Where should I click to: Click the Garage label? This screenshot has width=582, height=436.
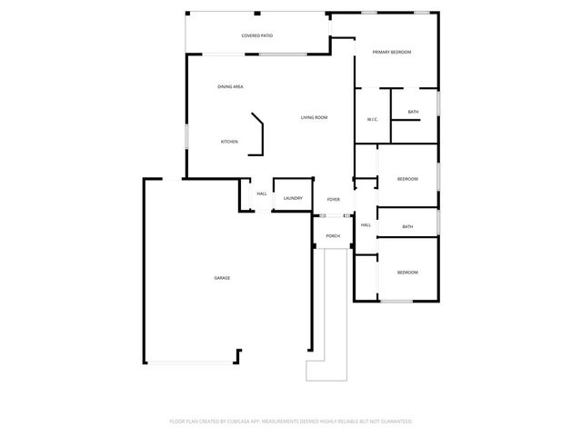222,277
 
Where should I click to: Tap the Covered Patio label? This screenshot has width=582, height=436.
257,35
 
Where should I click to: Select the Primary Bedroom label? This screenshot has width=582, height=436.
392,52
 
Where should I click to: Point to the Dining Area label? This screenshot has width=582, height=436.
230,86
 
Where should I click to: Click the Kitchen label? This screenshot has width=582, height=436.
229,142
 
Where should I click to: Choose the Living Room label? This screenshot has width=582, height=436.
315,117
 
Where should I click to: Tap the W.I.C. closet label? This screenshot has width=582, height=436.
372,119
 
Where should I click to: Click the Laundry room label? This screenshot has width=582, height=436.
293,198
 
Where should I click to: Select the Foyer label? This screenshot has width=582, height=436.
334,199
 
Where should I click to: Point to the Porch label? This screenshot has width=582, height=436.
333,236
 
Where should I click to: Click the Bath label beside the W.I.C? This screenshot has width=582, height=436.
414,112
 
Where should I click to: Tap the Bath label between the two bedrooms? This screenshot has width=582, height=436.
407,226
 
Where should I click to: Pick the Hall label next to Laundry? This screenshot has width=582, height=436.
262,193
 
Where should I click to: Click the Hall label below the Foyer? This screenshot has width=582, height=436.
366,224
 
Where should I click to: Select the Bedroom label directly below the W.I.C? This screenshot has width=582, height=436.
407,179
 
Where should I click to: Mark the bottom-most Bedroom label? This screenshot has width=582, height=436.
407,272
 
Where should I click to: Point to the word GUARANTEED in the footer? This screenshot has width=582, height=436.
394,421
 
